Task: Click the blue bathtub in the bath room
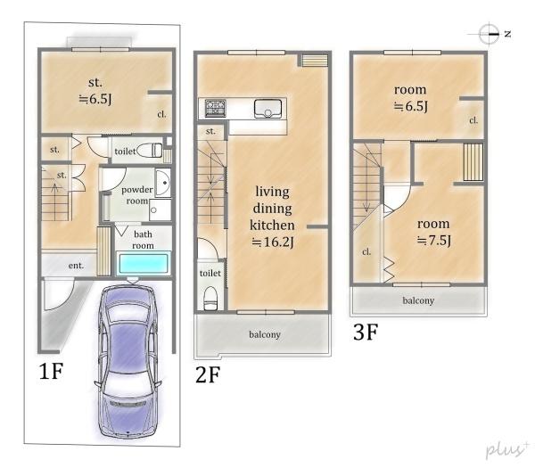click(144, 263)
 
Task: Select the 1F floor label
click(51, 371)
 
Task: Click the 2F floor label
click(208, 374)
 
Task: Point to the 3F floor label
click(366, 332)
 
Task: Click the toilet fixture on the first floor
click(150, 150)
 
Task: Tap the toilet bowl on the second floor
click(210, 298)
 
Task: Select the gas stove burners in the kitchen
click(215, 108)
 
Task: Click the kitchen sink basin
click(267, 109)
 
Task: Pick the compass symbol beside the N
click(489, 34)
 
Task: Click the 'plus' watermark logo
click(507, 449)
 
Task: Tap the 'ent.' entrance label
click(76, 266)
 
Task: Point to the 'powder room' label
click(137, 195)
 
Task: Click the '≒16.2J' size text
click(273, 242)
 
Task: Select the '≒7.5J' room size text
click(434, 240)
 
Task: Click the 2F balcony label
click(265, 334)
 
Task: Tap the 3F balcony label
click(418, 300)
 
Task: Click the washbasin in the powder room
click(163, 183)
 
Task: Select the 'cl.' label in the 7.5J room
click(366, 251)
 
